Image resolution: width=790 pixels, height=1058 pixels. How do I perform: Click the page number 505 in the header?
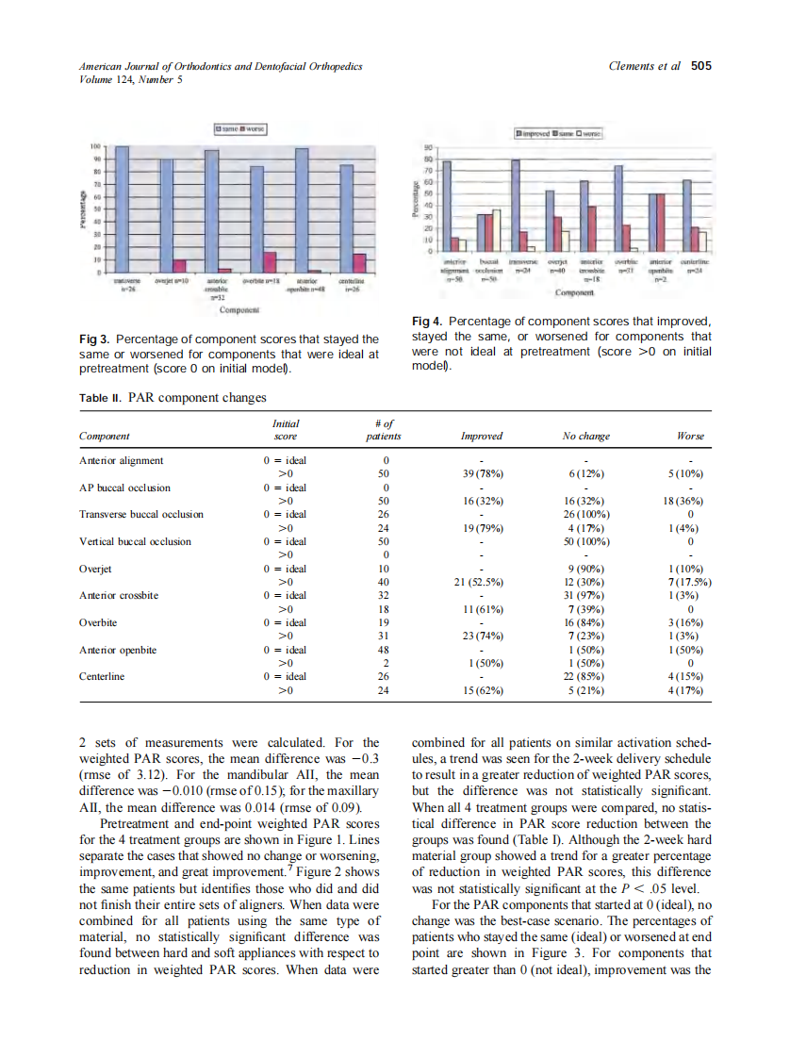coord(700,66)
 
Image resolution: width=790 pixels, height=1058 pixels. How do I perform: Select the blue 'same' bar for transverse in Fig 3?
coord(123,209)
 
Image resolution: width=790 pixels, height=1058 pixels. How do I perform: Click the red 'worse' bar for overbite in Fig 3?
coord(270,261)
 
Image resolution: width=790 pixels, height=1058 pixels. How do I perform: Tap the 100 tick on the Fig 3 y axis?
coord(94,147)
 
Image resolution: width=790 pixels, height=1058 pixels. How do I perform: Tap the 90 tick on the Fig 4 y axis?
coord(427,148)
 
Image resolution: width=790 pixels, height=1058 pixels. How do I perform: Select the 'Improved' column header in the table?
coord(481,437)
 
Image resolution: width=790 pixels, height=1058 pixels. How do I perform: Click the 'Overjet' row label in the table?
coord(96,569)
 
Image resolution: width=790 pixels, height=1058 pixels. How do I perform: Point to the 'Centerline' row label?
coord(103,676)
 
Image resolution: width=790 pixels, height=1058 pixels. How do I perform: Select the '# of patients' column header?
coord(384,430)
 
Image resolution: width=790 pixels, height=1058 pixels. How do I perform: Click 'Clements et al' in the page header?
coord(645,66)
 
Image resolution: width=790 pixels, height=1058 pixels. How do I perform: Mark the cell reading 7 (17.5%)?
coord(689,582)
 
